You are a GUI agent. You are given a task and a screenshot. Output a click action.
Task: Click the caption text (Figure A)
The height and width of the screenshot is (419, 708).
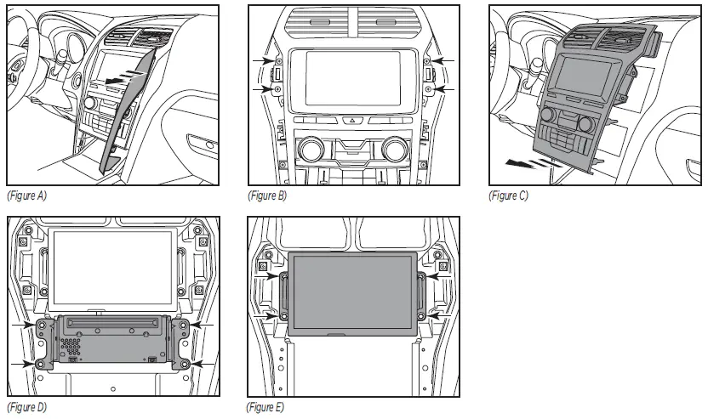point(26,196)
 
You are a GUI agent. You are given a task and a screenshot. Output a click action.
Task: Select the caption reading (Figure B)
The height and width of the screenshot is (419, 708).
point(267,196)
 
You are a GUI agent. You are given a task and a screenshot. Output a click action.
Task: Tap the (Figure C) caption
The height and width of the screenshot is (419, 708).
point(508,196)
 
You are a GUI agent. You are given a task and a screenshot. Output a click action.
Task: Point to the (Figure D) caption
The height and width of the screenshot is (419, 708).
point(26,407)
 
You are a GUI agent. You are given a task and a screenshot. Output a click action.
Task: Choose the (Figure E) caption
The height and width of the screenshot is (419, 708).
point(267,407)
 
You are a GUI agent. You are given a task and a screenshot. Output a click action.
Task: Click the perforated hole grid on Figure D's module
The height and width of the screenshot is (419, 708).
point(72,348)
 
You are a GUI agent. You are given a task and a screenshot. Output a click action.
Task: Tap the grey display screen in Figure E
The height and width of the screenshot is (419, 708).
point(352,293)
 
